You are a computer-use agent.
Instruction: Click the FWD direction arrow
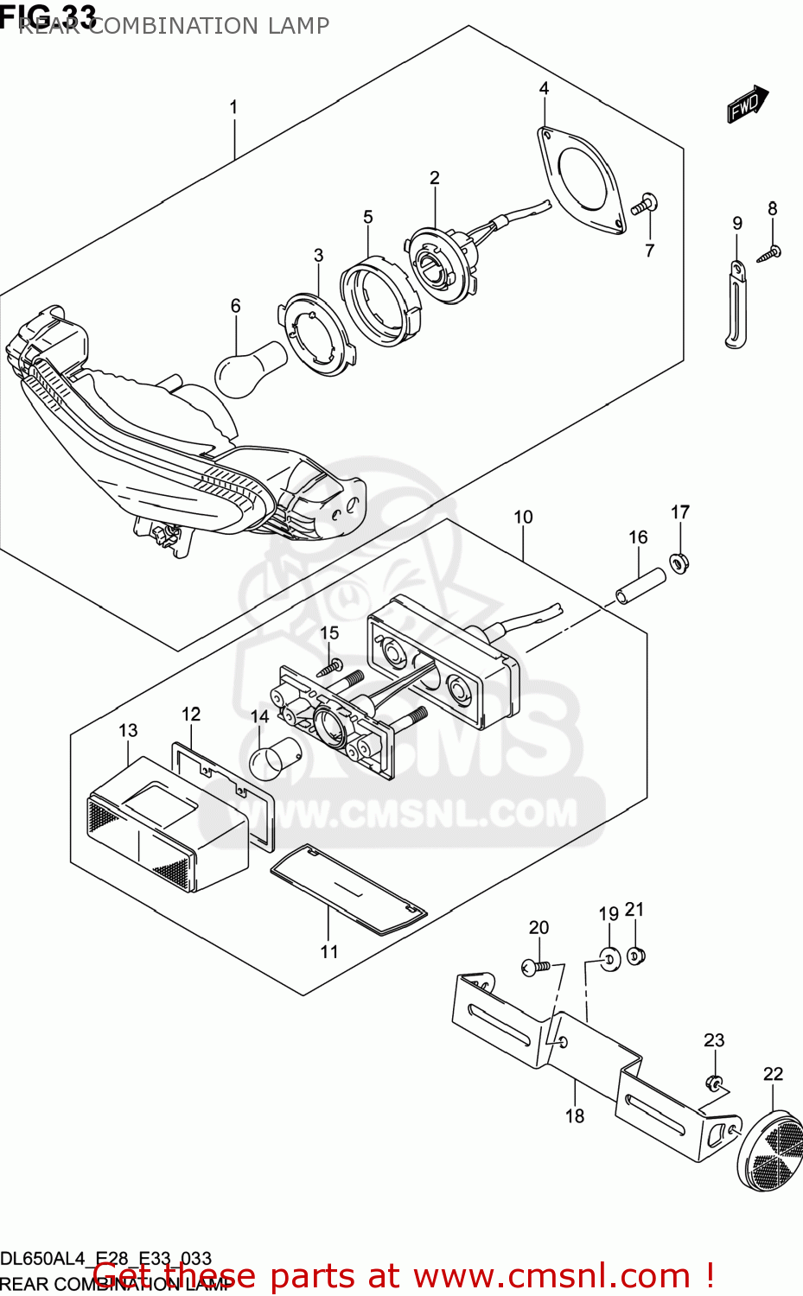coord(747,105)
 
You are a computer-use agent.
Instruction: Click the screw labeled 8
coord(769,252)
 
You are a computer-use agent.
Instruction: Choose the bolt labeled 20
coord(536,967)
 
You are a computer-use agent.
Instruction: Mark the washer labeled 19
coord(609,958)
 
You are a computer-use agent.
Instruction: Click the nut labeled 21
coord(636,956)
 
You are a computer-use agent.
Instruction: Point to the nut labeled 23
coord(715,1083)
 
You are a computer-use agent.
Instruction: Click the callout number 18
coord(575,1115)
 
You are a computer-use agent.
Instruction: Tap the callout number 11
coord(329,951)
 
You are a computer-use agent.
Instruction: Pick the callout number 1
coord(233,107)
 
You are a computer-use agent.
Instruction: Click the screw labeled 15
coord(330,667)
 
